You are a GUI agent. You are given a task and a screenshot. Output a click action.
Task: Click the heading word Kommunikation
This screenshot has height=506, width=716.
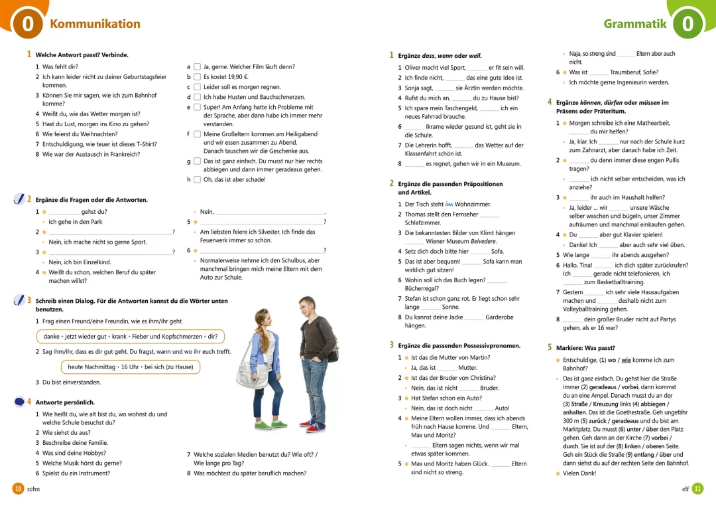[95, 24]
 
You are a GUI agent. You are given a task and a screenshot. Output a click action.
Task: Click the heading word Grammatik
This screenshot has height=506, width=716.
[634, 24]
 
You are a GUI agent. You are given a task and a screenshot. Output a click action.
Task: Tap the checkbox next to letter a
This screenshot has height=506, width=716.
[197, 67]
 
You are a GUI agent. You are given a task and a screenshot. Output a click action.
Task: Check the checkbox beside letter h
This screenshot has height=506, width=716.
[197, 179]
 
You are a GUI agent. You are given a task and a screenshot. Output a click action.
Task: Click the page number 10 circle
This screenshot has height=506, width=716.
[19, 489]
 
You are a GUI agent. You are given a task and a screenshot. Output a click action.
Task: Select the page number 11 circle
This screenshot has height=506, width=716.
[697, 489]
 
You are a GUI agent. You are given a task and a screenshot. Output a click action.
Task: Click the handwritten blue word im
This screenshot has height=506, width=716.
[449, 204]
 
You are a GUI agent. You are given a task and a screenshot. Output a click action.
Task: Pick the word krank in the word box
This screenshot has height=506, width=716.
[119, 336]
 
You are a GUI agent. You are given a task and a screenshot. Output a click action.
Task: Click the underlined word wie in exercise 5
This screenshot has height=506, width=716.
[626, 360]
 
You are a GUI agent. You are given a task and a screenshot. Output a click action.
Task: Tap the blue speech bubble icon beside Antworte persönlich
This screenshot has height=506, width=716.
[19, 402]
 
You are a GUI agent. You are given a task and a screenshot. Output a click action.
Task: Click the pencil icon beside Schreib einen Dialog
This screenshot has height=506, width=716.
[19, 301]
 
